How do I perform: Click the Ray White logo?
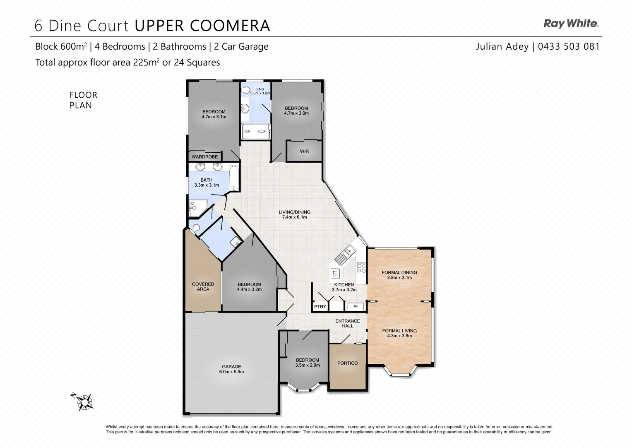(x=571, y=24)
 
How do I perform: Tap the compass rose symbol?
(x=85, y=401)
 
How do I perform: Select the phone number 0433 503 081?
(x=568, y=46)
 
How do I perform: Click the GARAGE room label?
(x=231, y=367)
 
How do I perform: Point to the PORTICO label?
(x=347, y=363)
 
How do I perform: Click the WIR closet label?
(x=304, y=151)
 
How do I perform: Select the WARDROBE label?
(x=204, y=157)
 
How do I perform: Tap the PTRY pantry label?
(x=320, y=307)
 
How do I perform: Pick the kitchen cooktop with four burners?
(x=361, y=268)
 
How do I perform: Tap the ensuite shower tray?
(x=256, y=132)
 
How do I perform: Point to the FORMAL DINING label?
(x=399, y=272)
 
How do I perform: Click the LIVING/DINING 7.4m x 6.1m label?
(x=294, y=214)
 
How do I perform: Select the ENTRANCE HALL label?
(x=347, y=323)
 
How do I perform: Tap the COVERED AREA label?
(x=203, y=286)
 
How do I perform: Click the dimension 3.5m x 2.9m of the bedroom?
(x=308, y=365)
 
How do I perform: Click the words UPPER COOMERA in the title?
(x=202, y=26)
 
